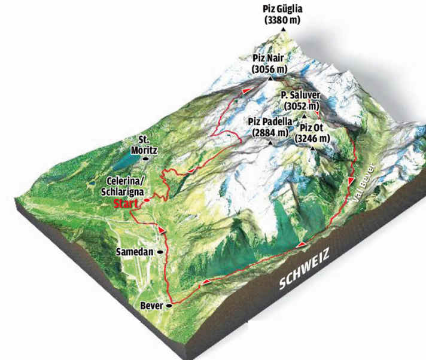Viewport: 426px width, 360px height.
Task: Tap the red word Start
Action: click(125, 203)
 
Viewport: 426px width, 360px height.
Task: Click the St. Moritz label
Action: click(147, 142)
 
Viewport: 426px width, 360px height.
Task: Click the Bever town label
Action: click(152, 306)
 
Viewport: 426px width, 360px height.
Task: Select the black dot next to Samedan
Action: click(160, 252)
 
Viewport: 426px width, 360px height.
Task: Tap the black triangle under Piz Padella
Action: click(272, 143)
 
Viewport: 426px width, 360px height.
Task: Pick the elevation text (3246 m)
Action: click(313, 138)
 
